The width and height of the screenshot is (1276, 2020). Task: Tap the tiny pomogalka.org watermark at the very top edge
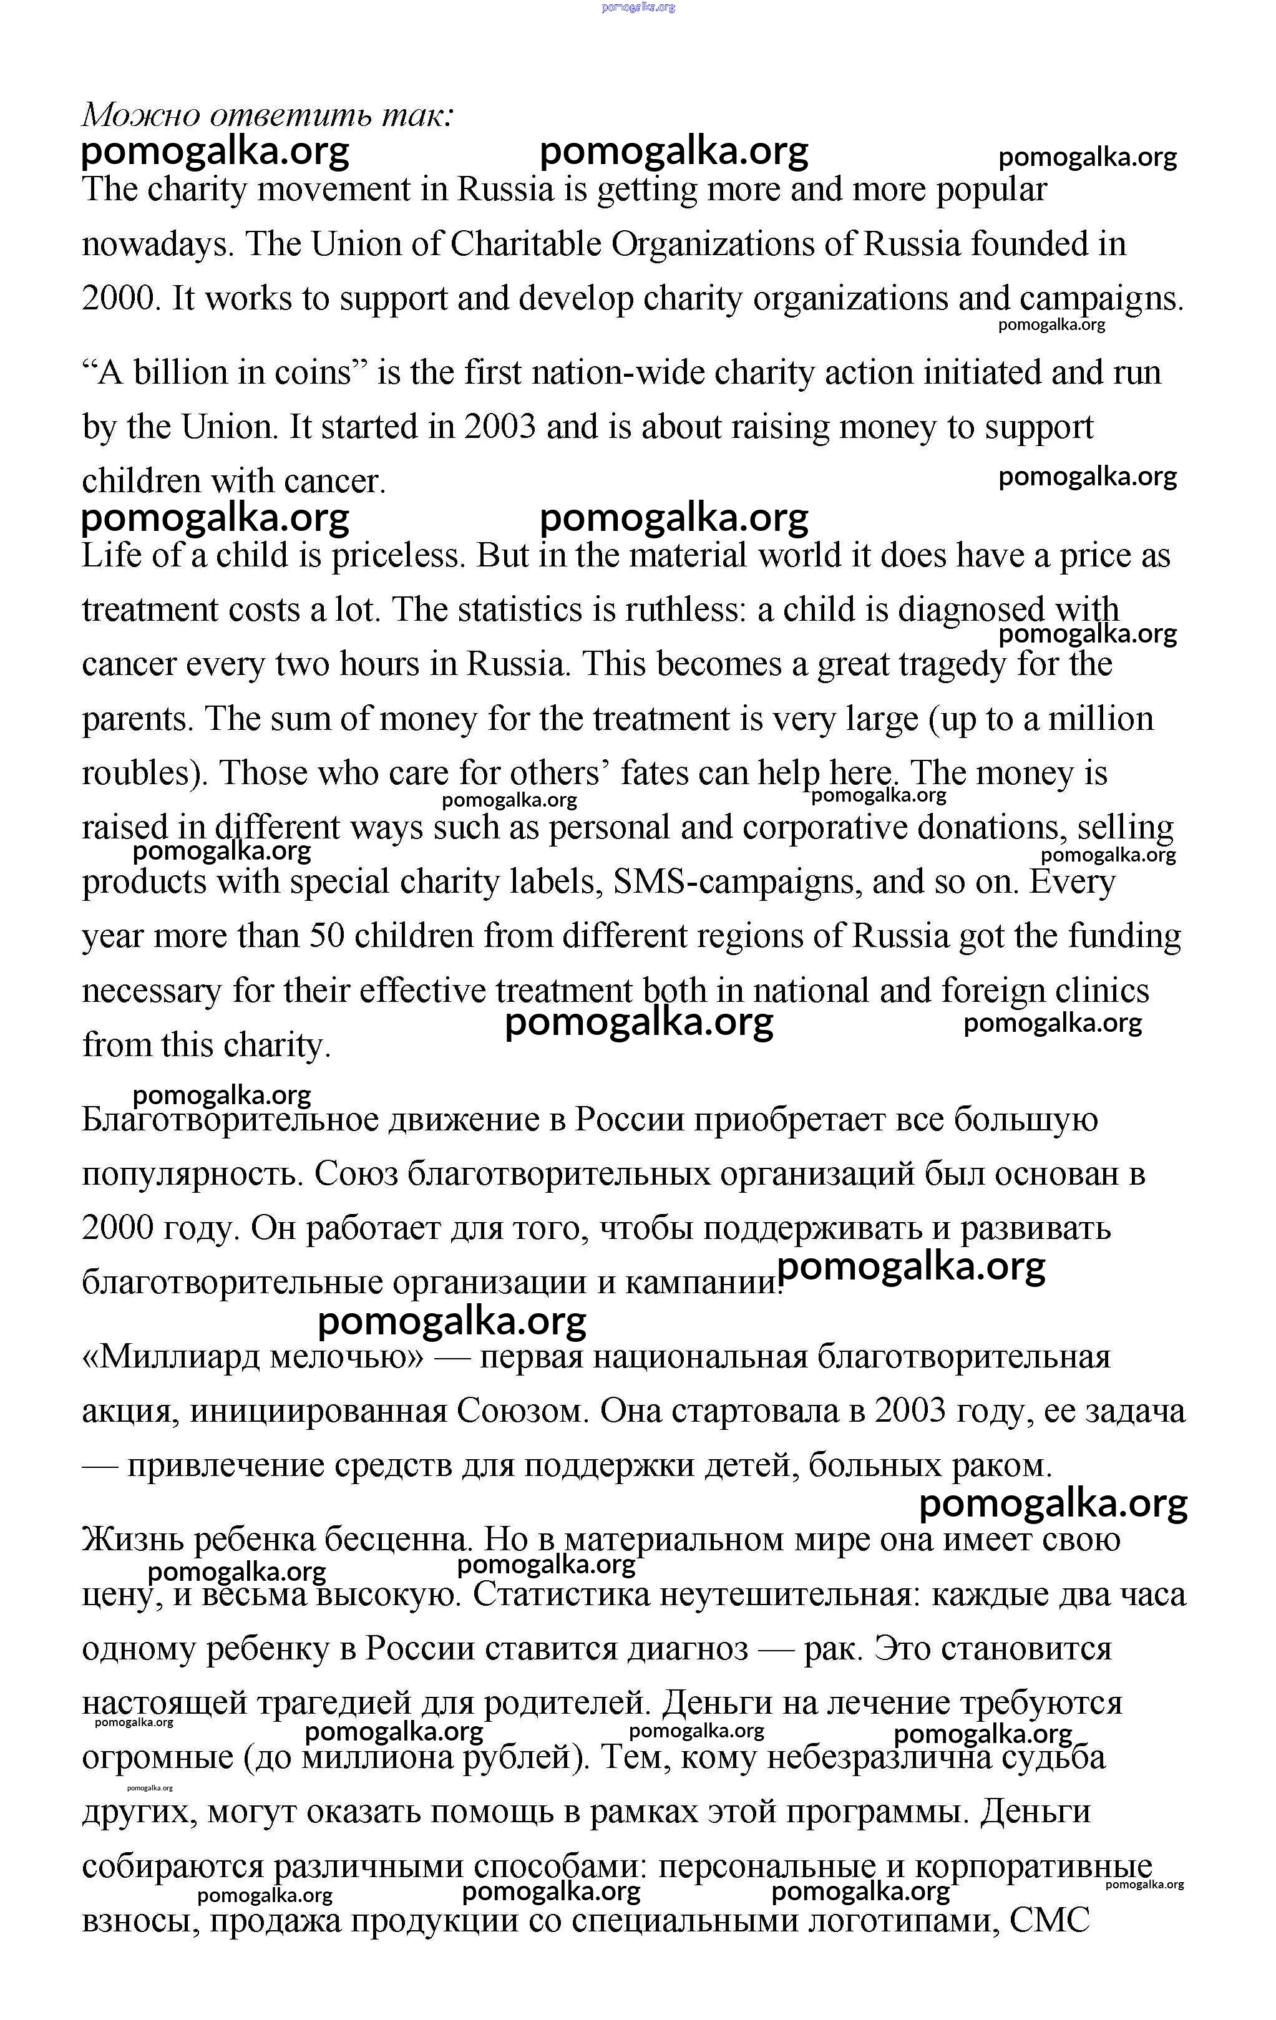click(638, 7)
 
